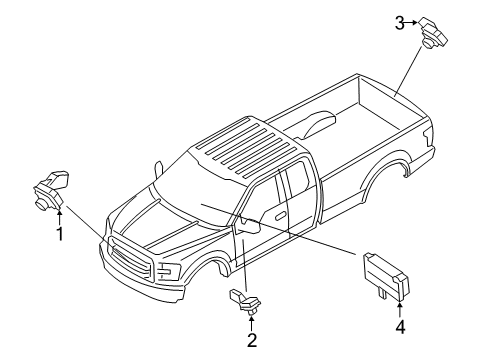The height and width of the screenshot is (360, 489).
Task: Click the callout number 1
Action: tap(59, 235)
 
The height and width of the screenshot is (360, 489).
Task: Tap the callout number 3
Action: tap(399, 22)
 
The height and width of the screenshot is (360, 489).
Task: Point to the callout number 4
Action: tap(401, 325)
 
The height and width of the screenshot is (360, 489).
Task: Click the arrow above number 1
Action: tap(59, 210)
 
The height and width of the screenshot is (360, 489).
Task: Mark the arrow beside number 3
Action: tap(413, 22)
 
